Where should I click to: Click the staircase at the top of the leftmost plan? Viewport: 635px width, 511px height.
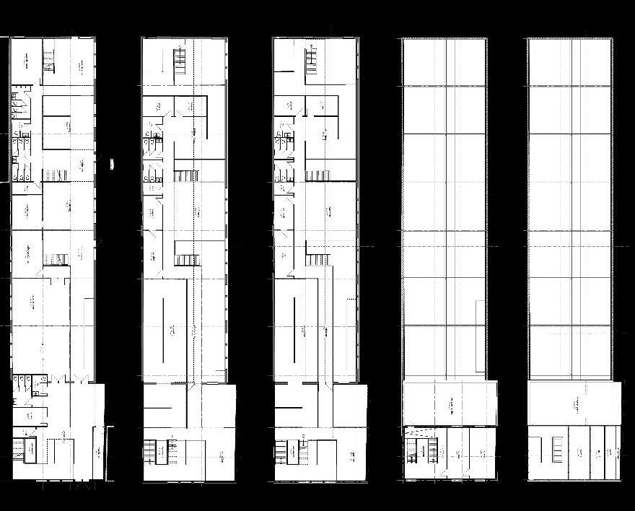click(x=48, y=57)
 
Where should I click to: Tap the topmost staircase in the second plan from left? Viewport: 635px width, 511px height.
click(x=180, y=58)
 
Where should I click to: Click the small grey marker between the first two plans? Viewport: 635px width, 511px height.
click(x=112, y=164)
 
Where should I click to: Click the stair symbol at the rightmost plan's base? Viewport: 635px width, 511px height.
click(x=558, y=449)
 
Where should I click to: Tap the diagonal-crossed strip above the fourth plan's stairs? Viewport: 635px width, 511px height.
click(x=421, y=433)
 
